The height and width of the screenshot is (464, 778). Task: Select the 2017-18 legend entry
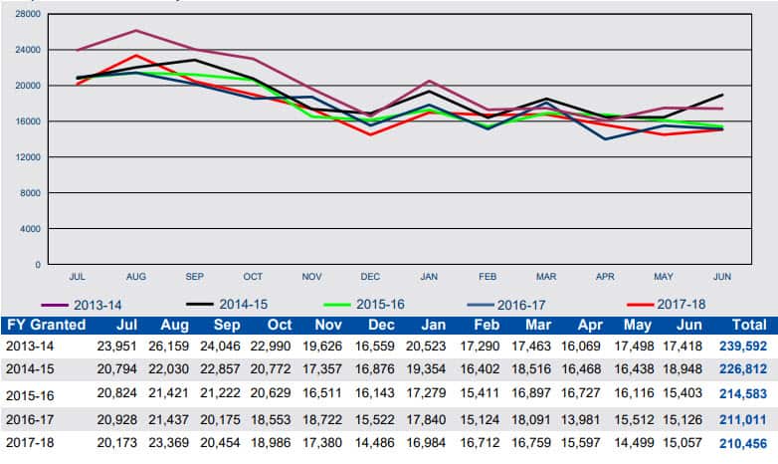click(x=677, y=304)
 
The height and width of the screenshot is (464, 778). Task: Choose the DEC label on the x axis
click(x=370, y=276)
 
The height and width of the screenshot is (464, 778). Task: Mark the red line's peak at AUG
click(x=136, y=55)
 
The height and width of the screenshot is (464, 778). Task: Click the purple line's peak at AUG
click(x=136, y=30)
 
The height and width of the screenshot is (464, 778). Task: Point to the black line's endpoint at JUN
click(x=722, y=95)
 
